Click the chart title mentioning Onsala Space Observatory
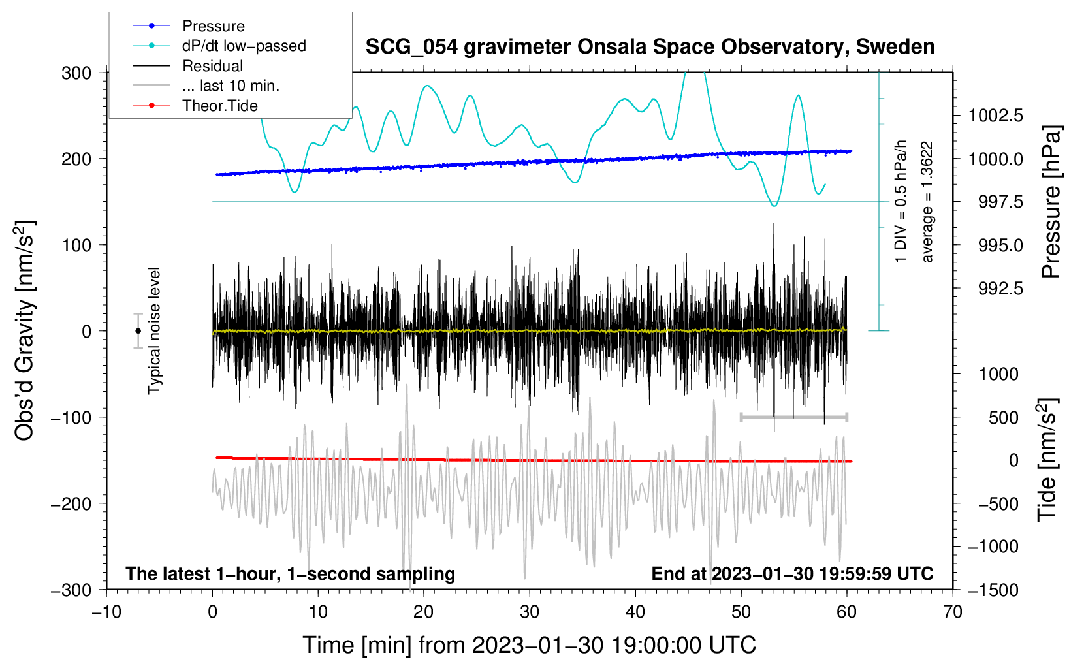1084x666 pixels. pos(650,47)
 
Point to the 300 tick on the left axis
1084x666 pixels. pos(76,72)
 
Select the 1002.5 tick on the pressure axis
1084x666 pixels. pos(995,116)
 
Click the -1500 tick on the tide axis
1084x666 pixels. pos(993,590)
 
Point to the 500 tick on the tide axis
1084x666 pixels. pos(1003,417)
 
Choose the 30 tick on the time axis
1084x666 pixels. pos(530,612)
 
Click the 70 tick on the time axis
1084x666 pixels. pos(953,612)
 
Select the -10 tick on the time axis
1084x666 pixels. pos(106,612)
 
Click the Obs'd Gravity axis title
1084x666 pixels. pos(25,330)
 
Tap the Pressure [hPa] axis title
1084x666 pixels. pos(1051,202)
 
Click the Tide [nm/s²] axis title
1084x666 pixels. pos(1047,460)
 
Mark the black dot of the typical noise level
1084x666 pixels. pos(138,331)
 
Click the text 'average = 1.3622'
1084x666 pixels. pos(927,202)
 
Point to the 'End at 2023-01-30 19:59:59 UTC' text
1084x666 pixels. pos(792,573)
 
